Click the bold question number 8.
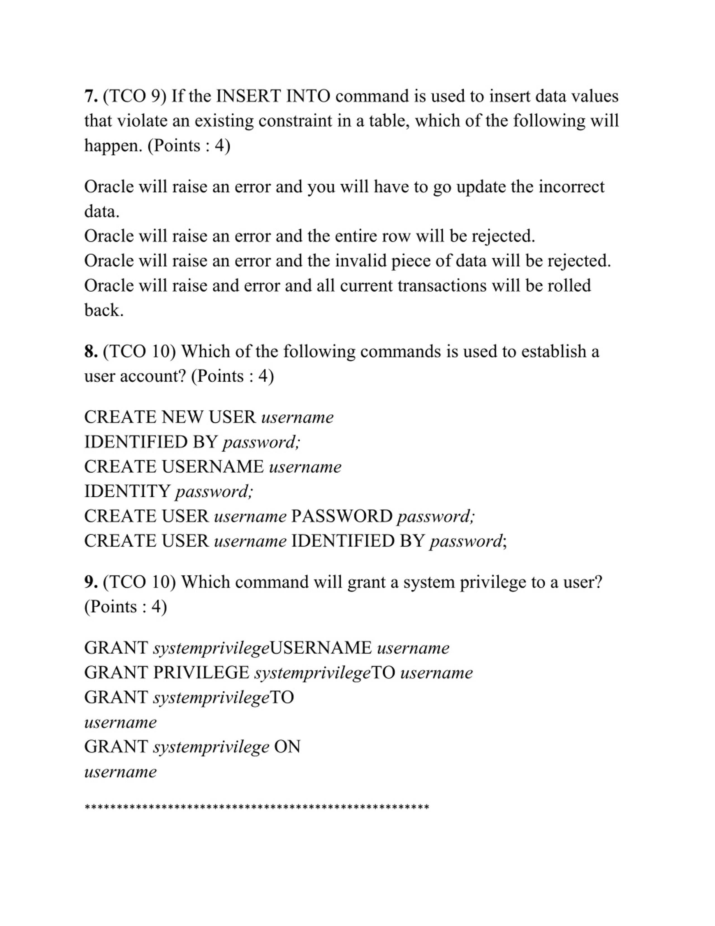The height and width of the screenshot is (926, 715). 91,352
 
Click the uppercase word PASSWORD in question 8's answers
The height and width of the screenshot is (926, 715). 342,517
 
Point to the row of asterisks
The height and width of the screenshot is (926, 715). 257,807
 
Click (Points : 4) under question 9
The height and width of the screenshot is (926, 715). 126,607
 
